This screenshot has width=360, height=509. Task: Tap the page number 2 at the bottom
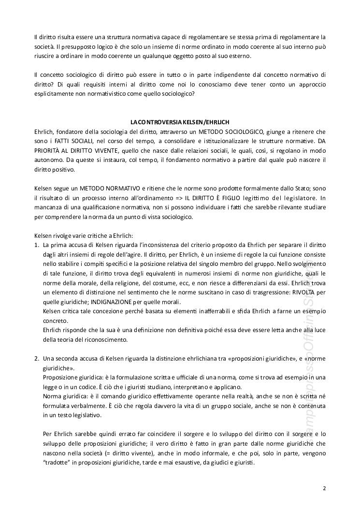[324, 488]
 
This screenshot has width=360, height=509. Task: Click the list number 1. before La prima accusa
[37, 245]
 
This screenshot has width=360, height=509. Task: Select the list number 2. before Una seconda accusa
[37, 359]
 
